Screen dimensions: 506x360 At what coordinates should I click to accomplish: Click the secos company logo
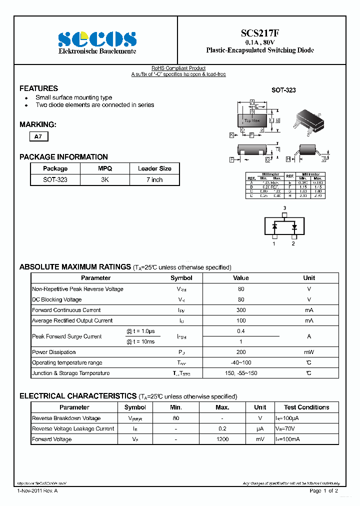(x=97, y=39)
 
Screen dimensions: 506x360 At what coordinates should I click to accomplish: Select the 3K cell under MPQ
(x=105, y=179)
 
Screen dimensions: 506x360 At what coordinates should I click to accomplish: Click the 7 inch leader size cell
(x=154, y=179)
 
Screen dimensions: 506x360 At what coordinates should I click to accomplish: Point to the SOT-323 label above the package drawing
(x=283, y=90)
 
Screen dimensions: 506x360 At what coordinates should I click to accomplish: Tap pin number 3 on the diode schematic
(x=284, y=208)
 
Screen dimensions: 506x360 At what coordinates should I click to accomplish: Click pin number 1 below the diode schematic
(x=274, y=243)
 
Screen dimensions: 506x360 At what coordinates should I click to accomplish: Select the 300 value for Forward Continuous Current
(x=241, y=310)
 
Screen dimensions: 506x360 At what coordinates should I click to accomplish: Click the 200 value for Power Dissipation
(x=241, y=352)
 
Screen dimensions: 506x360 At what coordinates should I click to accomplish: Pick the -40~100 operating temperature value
(x=241, y=362)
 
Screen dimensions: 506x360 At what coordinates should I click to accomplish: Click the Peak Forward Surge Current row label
(x=66, y=336)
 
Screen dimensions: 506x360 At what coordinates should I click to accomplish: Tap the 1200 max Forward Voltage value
(x=222, y=439)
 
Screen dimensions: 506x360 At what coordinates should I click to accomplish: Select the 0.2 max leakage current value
(x=222, y=428)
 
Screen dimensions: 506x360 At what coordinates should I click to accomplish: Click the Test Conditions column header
(x=306, y=407)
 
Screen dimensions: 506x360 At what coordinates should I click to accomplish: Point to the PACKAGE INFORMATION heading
(x=63, y=157)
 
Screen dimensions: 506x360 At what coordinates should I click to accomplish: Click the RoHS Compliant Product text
(x=178, y=68)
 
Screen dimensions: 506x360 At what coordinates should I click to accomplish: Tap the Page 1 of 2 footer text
(x=323, y=491)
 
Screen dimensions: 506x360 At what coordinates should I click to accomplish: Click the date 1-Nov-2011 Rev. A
(x=37, y=491)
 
